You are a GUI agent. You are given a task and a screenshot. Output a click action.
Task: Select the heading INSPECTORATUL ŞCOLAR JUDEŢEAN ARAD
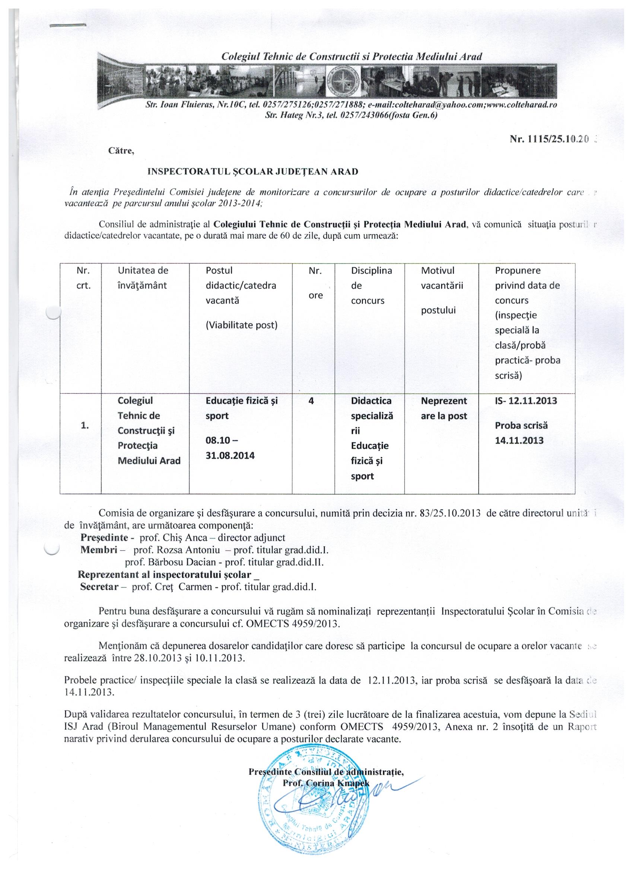(x=252, y=172)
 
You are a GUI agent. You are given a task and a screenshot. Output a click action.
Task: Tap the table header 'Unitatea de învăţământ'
(x=143, y=278)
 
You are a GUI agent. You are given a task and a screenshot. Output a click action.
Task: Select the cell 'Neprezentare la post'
(x=444, y=408)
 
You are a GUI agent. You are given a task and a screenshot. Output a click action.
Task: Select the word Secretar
(x=98, y=587)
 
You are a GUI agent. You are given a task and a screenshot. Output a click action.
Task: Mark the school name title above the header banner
(x=352, y=57)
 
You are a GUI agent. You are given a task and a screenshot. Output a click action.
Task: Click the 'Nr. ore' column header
(x=315, y=283)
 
